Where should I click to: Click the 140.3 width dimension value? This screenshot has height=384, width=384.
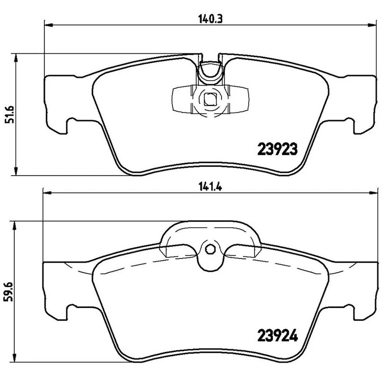pos(210,18)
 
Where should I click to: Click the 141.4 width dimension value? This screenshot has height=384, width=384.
pos(210,186)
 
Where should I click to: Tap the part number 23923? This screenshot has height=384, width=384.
pos(276,150)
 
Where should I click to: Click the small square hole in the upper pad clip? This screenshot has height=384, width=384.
pos(210,99)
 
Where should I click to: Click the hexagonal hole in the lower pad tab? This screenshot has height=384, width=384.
pos(210,249)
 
